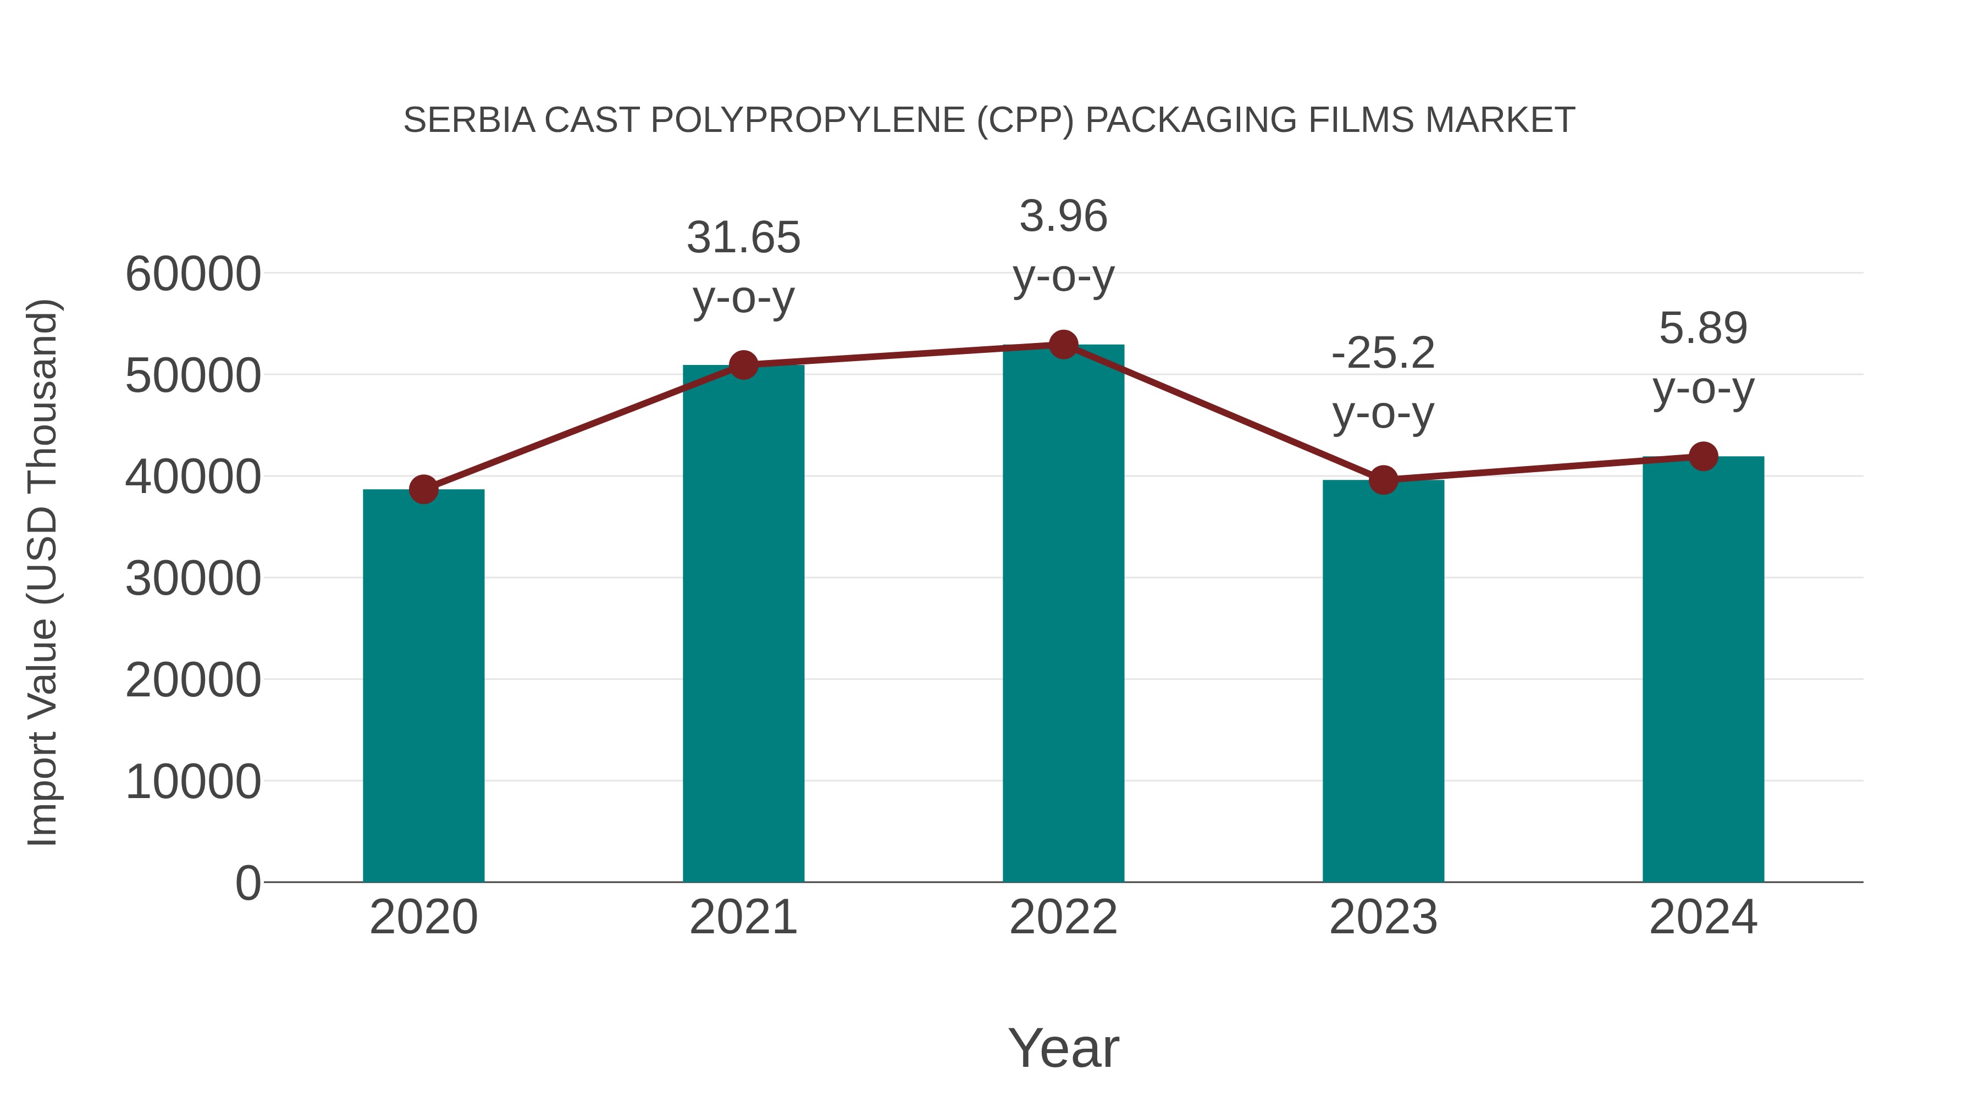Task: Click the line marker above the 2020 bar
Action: pos(423,489)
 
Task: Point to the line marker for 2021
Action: pos(744,365)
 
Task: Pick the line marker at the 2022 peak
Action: pos(1063,345)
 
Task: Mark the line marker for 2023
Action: pos(1383,480)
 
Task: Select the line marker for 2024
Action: pos(1703,456)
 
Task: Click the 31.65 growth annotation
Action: pos(744,237)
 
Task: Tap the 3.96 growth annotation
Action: pos(1063,217)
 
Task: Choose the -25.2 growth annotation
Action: pos(1383,353)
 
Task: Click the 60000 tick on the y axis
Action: pos(193,274)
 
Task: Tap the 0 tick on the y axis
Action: pos(248,883)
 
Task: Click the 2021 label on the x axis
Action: pos(744,917)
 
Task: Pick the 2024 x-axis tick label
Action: pos(1703,917)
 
